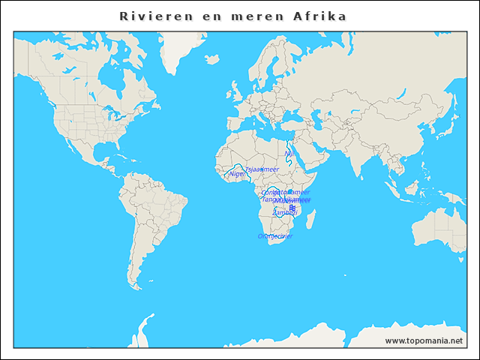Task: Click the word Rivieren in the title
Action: (151, 16)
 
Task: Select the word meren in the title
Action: (251, 16)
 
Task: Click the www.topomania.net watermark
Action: (424, 340)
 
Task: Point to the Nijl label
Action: (289, 153)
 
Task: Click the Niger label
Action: (238, 174)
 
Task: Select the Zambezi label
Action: (284, 212)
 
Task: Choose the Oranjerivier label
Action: (274, 236)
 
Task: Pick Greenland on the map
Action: (180, 45)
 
